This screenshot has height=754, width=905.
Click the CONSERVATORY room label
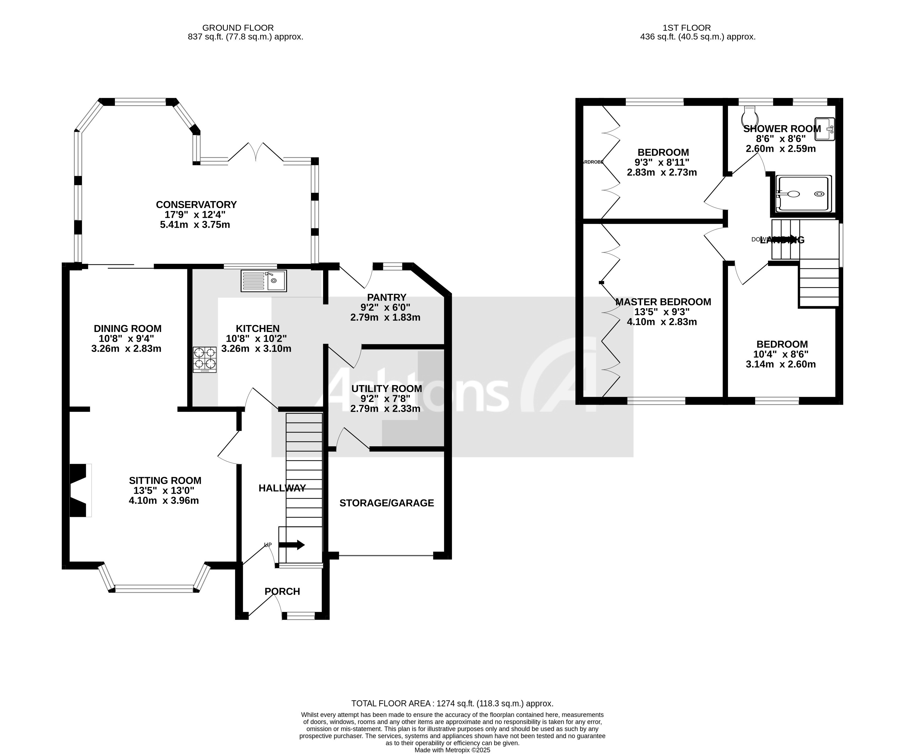coord(196,204)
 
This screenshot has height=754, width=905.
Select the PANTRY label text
coord(387,297)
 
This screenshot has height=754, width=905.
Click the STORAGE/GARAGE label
coord(387,503)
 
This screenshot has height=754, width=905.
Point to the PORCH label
coord(282,591)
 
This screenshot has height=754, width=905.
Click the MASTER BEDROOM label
coord(663,302)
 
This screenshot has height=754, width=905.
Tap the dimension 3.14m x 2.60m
coord(780,364)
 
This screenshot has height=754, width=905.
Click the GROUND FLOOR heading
coord(238,28)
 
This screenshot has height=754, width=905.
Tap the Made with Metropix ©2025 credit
coord(452,750)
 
